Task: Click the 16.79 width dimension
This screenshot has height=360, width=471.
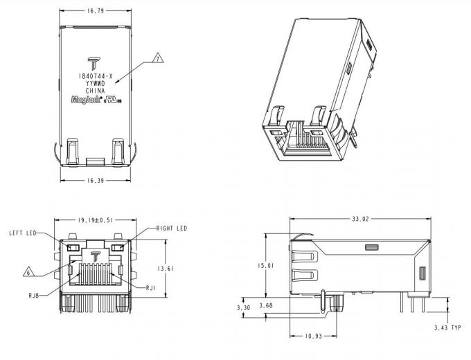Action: pyautogui.click(x=96, y=11)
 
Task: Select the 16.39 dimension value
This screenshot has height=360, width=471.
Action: pyautogui.click(x=96, y=180)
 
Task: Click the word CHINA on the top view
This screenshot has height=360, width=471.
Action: pyautogui.click(x=96, y=91)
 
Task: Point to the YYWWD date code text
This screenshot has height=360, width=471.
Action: pyautogui.click(x=96, y=83)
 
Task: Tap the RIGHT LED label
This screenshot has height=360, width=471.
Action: pyautogui.click(x=171, y=228)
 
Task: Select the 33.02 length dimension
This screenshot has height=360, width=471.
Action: pyautogui.click(x=360, y=219)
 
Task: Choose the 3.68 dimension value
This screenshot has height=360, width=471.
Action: pyautogui.click(x=265, y=305)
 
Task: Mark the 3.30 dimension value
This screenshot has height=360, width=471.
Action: pyautogui.click(x=244, y=307)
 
